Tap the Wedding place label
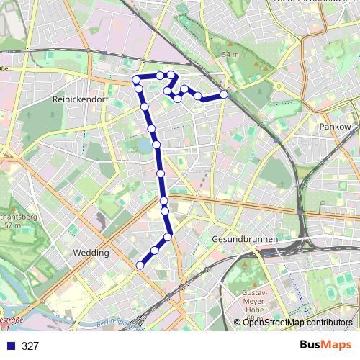[x=91, y=253]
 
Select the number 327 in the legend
[x=30, y=346]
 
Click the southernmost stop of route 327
[x=140, y=265]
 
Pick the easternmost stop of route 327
[x=224, y=94]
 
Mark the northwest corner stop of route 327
[x=135, y=79]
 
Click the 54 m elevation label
[x=230, y=55]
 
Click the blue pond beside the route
[x=145, y=145]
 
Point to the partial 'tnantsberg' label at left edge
[x=19, y=215]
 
